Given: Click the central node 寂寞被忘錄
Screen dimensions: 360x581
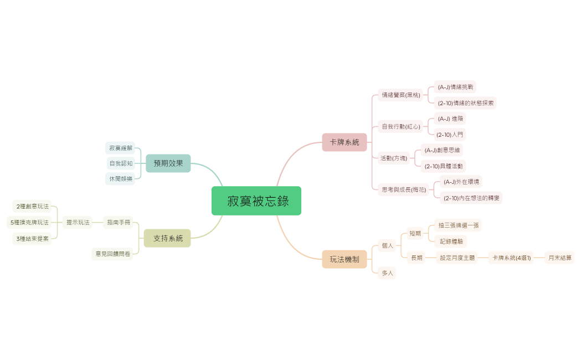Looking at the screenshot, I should pos(256,200).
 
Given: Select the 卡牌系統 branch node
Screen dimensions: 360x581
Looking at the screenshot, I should pos(345,142).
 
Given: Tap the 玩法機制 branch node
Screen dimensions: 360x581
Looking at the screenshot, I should pos(345,259).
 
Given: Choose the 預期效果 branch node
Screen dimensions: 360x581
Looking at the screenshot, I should pos(168,163).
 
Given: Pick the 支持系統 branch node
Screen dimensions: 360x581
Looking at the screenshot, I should pos(167,238).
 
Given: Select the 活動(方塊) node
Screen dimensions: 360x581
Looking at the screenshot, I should pos(394,158).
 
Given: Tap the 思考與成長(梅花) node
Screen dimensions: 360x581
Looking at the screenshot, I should pos(404,189).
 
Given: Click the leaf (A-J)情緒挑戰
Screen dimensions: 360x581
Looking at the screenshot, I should pos(455,87).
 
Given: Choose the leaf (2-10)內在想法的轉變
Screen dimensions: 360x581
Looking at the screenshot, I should pos(472,198).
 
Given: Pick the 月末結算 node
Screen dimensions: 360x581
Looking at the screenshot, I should pos(559,258).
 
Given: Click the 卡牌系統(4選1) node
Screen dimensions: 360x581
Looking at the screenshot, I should pos(511,258).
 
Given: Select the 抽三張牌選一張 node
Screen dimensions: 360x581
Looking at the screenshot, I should pos(459,225).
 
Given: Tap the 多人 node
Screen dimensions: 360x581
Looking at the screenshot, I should pos(387,273).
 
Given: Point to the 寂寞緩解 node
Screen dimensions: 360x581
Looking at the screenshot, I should pos(121,148).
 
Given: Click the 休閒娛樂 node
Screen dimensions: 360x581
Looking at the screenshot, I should pos(121,178).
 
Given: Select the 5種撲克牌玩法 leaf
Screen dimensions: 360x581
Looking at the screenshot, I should pos(29,222).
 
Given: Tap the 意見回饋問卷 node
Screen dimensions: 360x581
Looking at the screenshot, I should pos(112,254).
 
